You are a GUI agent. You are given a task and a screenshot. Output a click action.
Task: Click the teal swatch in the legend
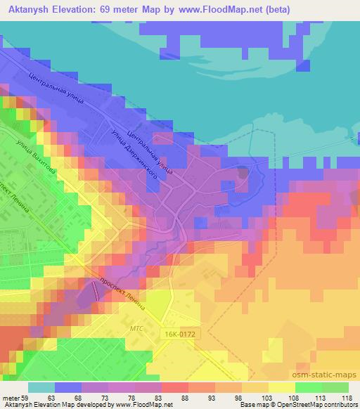[41, 387]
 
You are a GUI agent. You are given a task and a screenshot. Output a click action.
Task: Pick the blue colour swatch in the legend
[68, 387]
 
